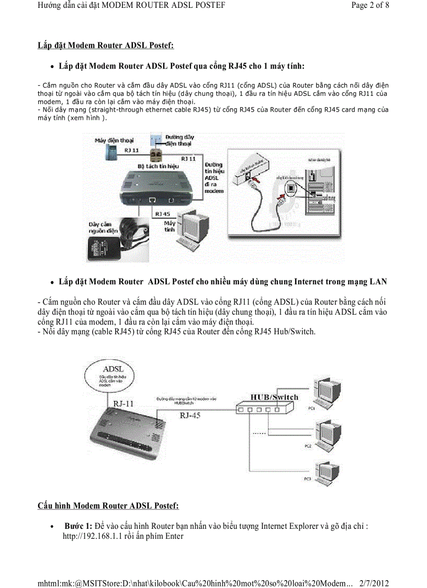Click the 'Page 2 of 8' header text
(x=370, y=6)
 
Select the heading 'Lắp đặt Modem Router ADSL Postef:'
(x=106, y=45)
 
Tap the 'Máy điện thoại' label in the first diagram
(x=114, y=140)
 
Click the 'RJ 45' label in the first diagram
(x=163, y=214)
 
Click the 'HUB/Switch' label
(x=274, y=397)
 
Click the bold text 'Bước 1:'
(x=78, y=526)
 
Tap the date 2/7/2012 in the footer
(x=374, y=583)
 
